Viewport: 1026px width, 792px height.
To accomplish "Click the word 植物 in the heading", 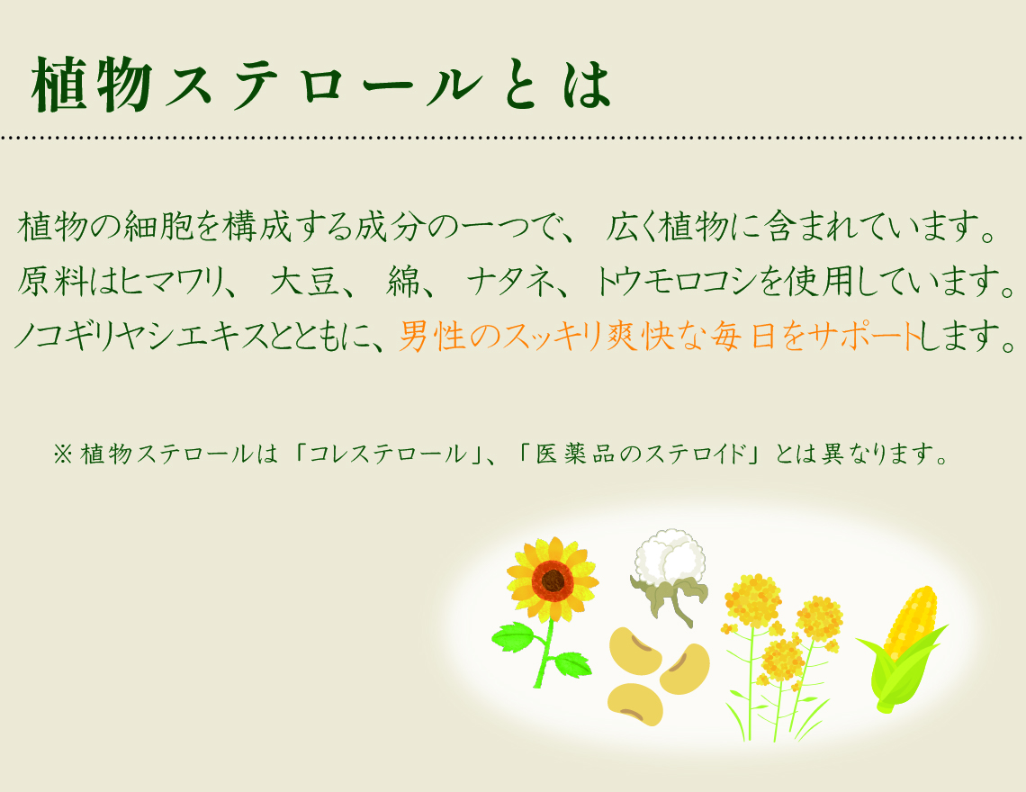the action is (x=93, y=84).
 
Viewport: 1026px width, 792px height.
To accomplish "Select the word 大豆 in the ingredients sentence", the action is (x=304, y=282).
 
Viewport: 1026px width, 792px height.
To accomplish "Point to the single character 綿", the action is (x=403, y=282).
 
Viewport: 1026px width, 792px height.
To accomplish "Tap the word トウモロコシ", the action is (x=676, y=282).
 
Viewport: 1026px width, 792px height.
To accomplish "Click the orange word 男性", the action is (x=432, y=336).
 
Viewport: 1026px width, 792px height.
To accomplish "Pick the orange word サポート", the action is (x=864, y=336).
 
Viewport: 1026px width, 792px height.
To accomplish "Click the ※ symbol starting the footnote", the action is (x=63, y=454).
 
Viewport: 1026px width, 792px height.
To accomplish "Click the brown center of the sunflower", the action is (x=553, y=580).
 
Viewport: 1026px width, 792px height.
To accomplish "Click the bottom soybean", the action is (x=634, y=705).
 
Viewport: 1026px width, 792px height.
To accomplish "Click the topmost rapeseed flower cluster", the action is (x=752, y=598).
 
